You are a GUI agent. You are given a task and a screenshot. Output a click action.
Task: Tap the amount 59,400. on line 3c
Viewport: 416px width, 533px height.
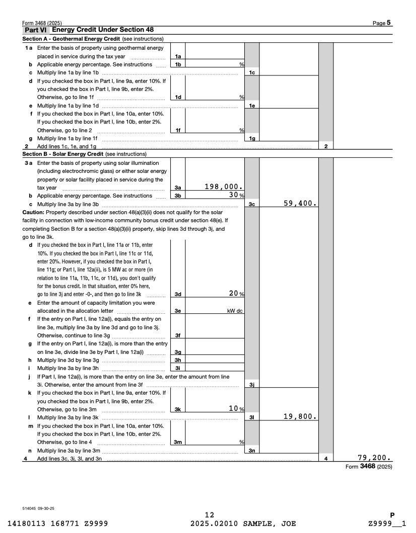tap(299, 204)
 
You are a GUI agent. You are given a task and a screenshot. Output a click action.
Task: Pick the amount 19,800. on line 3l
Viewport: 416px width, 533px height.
tap(299, 416)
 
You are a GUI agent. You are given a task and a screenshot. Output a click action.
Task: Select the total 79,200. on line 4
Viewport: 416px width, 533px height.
tap(373, 458)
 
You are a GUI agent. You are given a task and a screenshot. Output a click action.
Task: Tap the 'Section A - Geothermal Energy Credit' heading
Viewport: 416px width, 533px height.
tap(71, 39)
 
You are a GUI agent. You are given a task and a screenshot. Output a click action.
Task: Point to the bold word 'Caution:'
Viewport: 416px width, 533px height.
tap(34, 212)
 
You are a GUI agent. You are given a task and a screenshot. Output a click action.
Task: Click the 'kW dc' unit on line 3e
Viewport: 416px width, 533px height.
tap(235, 311)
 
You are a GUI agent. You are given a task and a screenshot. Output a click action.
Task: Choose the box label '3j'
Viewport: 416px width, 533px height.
tap(251, 385)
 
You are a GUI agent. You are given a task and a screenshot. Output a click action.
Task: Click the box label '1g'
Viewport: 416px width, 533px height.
tap(251, 138)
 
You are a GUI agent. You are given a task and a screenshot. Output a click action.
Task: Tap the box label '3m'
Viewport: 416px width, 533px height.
tap(178, 442)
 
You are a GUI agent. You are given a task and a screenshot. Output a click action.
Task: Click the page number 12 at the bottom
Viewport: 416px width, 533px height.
tap(210, 514)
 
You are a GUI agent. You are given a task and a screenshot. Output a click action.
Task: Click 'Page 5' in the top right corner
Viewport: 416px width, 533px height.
tap(382, 23)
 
